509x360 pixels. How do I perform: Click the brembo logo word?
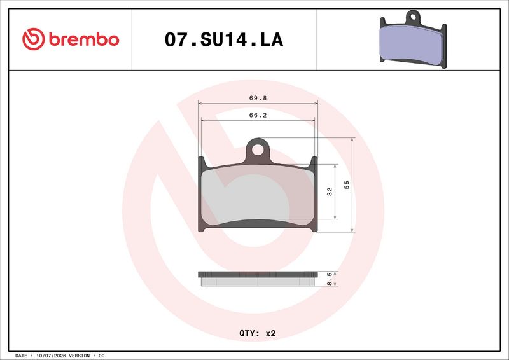pyautogui.click(x=84, y=39)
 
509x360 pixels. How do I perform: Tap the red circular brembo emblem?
pyautogui.click(x=34, y=39)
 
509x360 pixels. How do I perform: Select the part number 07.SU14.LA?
pyautogui.click(x=224, y=39)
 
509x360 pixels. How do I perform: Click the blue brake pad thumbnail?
pyautogui.click(x=413, y=39)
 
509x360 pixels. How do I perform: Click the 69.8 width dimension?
pyautogui.click(x=258, y=98)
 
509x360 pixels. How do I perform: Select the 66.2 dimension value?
pyautogui.click(x=258, y=115)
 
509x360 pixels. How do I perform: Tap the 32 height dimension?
pyautogui.click(x=330, y=191)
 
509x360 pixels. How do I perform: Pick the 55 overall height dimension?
pyautogui.click(x=347, y=185)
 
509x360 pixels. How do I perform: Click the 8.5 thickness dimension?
pyautogui.click(x=330, y=279)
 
